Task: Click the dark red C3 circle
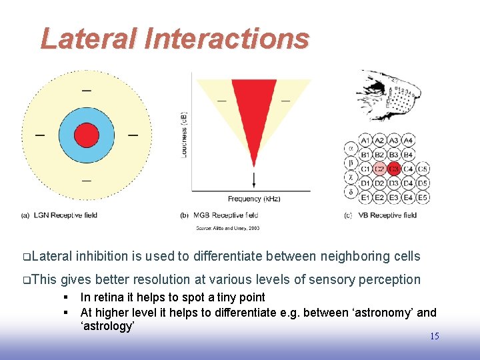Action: (x=395, y=169)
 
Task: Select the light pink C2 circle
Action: (x=380, y=169)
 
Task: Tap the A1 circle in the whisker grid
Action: (x=366, y=141)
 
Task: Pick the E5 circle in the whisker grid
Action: (x=423, y=197)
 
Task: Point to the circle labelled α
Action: (x=351, y=148)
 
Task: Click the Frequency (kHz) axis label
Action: (x=254, y=199)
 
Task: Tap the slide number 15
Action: (x=434, y=336)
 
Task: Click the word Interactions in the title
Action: (x=227, y=39)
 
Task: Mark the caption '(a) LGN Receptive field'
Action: (x=60, y=215)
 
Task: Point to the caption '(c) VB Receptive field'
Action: (x=380, y=215)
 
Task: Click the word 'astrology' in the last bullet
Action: (x=107, y=327)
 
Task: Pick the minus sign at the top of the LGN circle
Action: (x=87, y=91)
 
